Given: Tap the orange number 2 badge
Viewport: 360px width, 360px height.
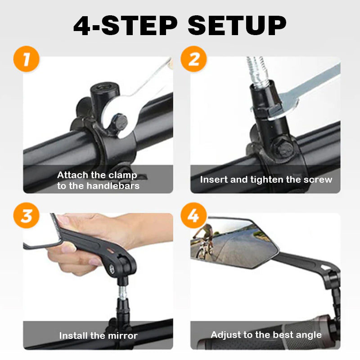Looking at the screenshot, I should click(x=193, y=60).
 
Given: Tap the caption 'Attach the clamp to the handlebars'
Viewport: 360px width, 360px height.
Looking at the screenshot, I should click(x=98, y=180).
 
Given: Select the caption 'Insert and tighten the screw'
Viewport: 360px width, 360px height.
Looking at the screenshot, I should click(x=266, y=180).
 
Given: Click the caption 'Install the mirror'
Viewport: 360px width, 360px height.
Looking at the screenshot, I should click(x=98, y=336).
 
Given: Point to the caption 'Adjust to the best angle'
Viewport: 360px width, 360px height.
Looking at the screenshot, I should click(x=266, y=335).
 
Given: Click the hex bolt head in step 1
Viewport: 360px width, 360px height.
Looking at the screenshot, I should click(x=121, y=121).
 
